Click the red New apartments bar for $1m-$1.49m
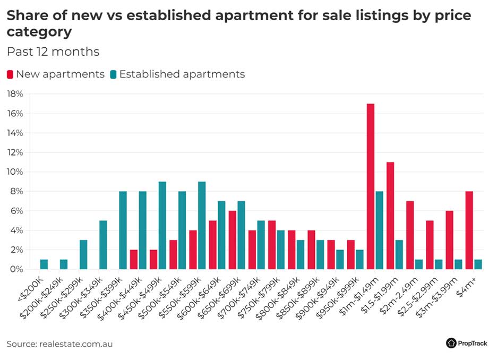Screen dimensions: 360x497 pyautogui.click(x=371, y=186)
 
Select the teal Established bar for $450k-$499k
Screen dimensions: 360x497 pyautogui.click(x=162, y=226)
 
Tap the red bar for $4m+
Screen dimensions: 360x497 pyautogui.click(x=469, y=230)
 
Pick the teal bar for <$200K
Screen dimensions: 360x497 pyautogui.click(x=44, y=264)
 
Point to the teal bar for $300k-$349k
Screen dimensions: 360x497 pyautogui.click(x=104, y=245)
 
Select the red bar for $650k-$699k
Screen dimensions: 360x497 pyautogui.click(x=233, y=240)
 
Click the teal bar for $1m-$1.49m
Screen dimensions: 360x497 pyautogui.click(x=380, y=230)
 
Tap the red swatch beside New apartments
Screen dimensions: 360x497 pyautogui.click(x=10, y=74)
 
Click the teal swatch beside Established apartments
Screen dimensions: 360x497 pyautogui.click(x=113, y=74)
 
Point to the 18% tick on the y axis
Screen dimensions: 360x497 pyautogui.click(x=14, y=94)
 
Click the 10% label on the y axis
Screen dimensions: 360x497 pyautogui.click(x=14, y=172)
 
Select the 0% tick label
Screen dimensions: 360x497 pyautogui.click(x=16, y=269)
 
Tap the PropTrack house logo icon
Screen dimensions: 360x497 pyautogui.click(x=451, y=343)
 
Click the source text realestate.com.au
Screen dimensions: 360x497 pyautogui.click(x=76, y=344)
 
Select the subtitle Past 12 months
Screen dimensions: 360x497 pyautogui.click(x=53, y=52)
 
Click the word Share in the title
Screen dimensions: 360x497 pyautogui.click(x=26, y=15)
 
